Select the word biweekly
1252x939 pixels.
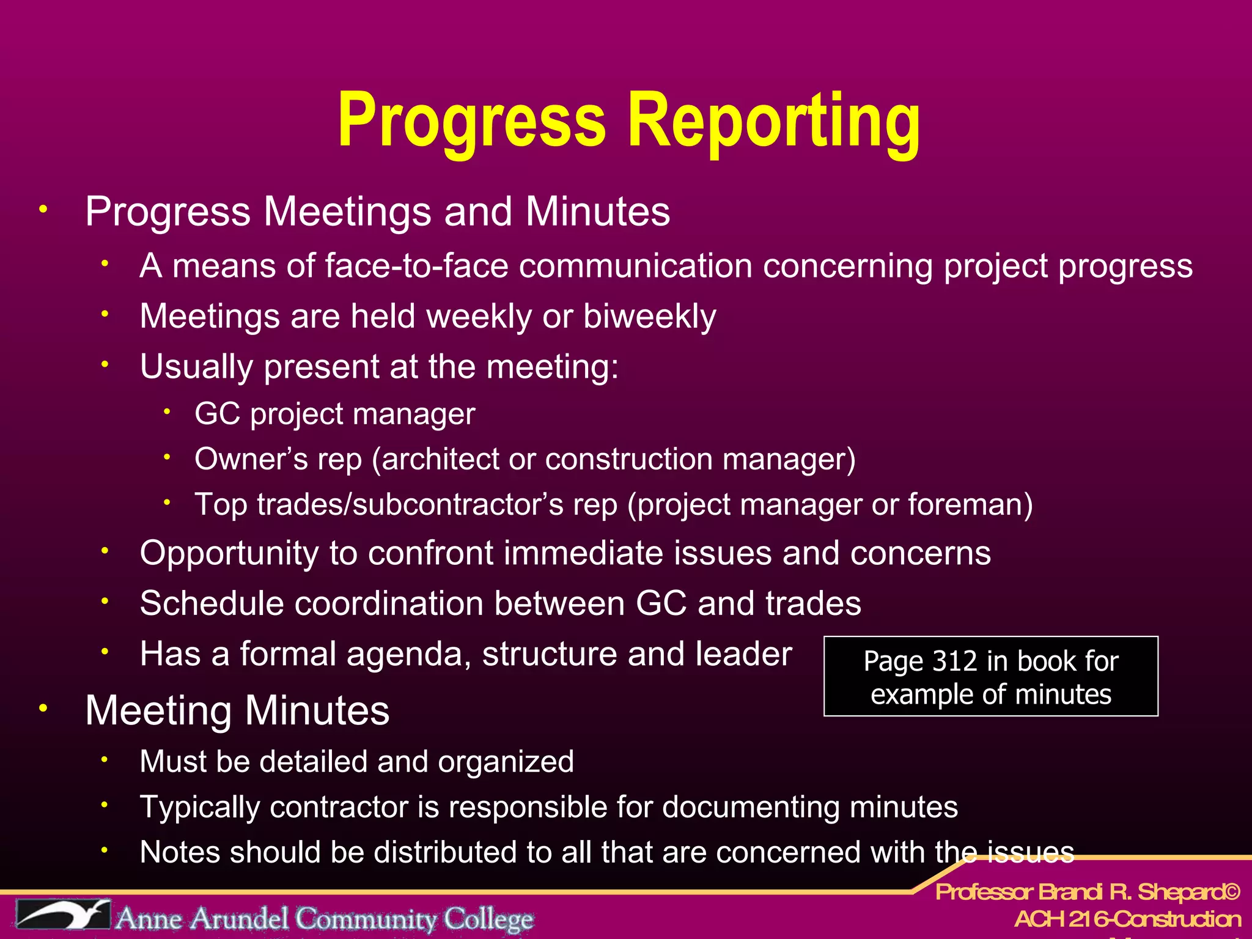[649, 317]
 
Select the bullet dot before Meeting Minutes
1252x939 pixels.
[43, 709]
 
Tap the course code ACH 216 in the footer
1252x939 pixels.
[1061, 919]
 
